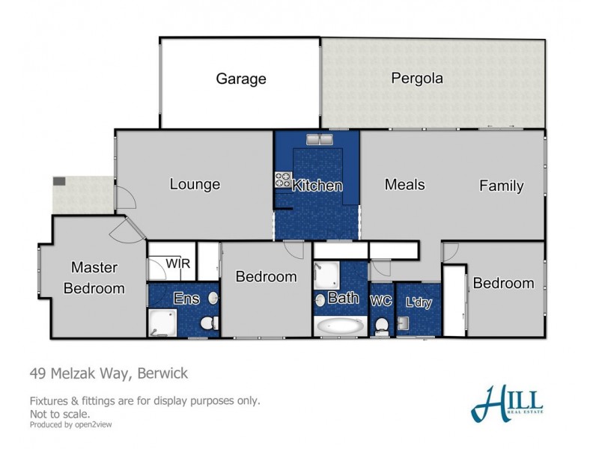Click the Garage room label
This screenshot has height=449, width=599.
pos(241,79)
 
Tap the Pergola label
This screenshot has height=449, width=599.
pos(417,78)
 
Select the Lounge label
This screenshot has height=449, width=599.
pos(195,184)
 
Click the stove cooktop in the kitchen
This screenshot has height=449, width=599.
pos(283,180)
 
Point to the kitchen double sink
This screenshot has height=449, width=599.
pos(319,139)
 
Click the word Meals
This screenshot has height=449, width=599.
pos(405,184)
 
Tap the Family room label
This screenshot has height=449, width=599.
pos(501,186)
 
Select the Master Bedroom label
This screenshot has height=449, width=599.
pos(94,277)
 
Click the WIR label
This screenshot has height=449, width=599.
pos(177,263)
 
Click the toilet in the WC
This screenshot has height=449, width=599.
pos(382,326)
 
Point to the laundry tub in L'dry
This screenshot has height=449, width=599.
pos(404,323)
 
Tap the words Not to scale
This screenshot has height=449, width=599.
pos(60,413)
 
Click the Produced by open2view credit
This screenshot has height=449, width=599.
pos(73,424)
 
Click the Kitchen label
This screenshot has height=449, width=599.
pos(317,186)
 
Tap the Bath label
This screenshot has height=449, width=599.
pos(343,298)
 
